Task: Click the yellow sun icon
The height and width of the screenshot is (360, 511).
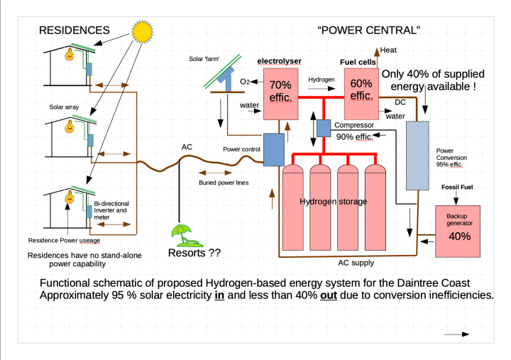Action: (142, 30)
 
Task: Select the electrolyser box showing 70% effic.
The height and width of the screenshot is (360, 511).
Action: (280, 92)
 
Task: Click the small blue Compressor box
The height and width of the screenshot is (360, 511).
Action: (324, 129)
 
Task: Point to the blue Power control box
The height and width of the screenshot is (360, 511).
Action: (273, 149)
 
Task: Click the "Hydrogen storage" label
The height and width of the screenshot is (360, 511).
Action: (333, 202)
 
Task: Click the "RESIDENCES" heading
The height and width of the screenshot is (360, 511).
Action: (74, 30)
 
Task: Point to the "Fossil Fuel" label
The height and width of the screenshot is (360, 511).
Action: (456, 187)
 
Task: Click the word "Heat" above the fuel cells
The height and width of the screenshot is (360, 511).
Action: (389, 50)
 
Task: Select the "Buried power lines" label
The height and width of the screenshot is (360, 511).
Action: (223, 182)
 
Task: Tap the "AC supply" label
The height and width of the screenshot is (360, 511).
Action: (356, 263)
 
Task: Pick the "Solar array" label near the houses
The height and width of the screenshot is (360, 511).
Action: (64, 108)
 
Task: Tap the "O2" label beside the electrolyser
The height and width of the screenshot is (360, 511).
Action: (244, 82)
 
